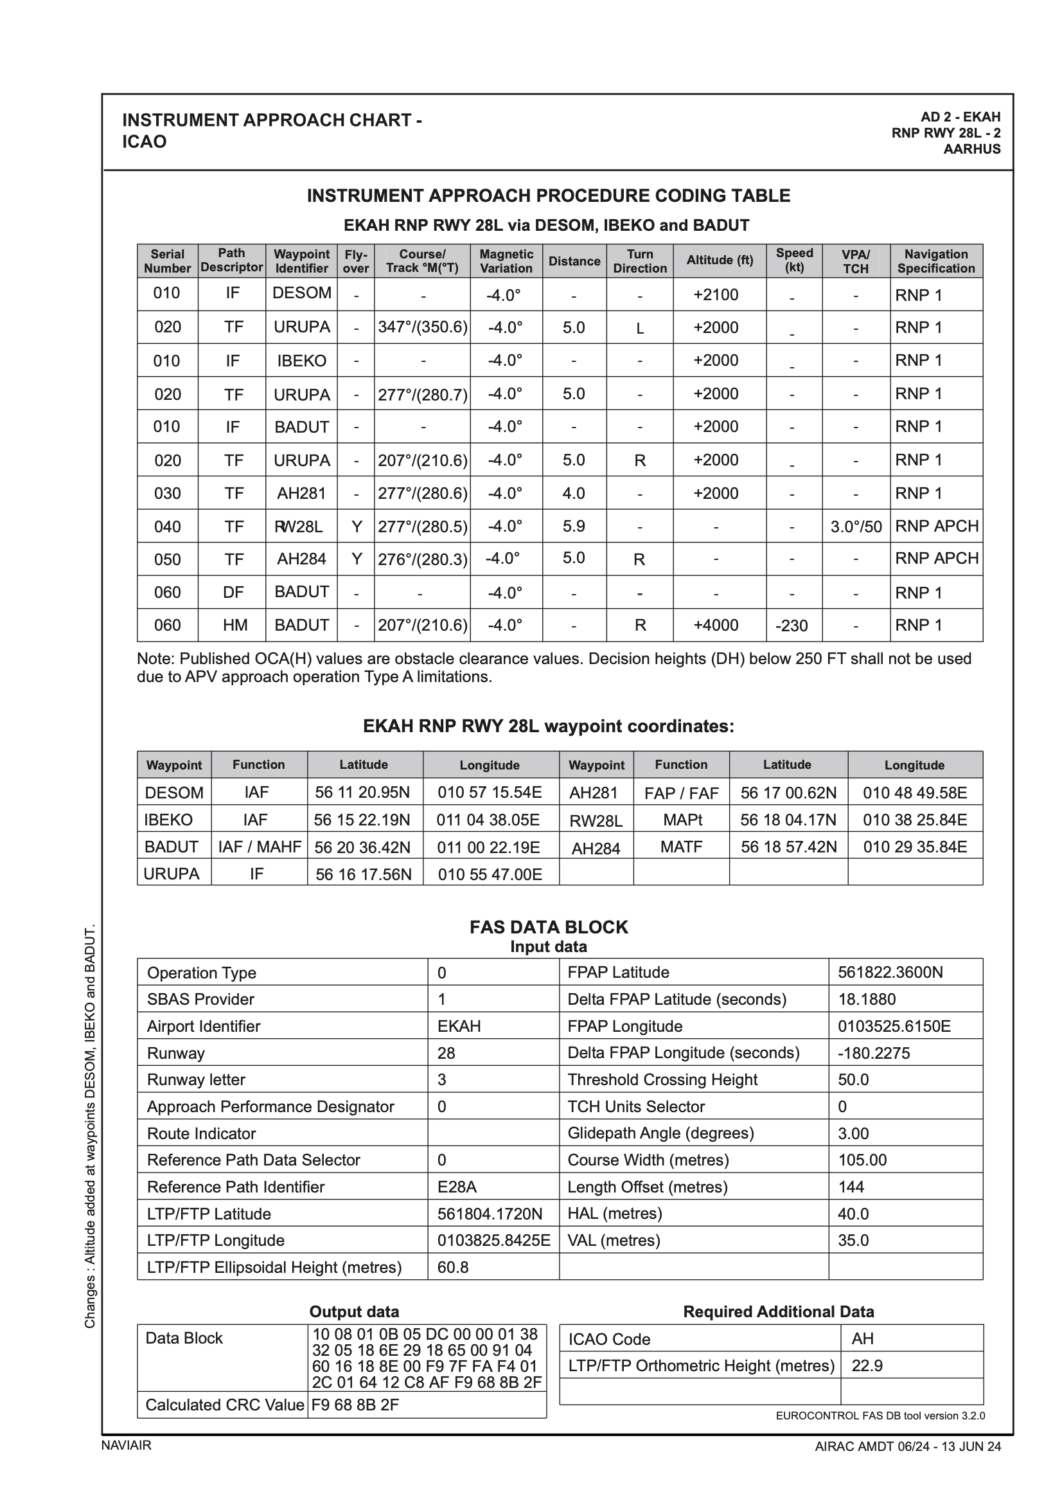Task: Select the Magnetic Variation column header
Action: (x=506, y=261)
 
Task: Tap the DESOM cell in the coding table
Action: (x=302, y=293)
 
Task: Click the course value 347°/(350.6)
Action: (x=423, y=327)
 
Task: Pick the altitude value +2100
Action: (x=715, y=294)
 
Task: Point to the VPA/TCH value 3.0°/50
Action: (x=855, y=527)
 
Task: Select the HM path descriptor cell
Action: (x=235, y=625)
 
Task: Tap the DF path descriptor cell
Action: (x=233, y=593)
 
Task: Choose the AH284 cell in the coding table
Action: (x=301, y=559)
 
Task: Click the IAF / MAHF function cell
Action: (x=259, y=847)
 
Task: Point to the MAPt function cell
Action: (x=681, y=820)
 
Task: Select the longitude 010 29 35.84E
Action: (x=914, y=847)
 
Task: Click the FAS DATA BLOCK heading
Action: (x=548, y=927)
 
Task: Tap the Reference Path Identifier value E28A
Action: (x=457, y=1187)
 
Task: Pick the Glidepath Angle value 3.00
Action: (x=853, y=1133)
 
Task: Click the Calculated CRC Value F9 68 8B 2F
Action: (x=355, y=1405)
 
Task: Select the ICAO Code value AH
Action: (x=862, y=1338)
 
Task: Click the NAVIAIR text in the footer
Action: (x=127, y=1445)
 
